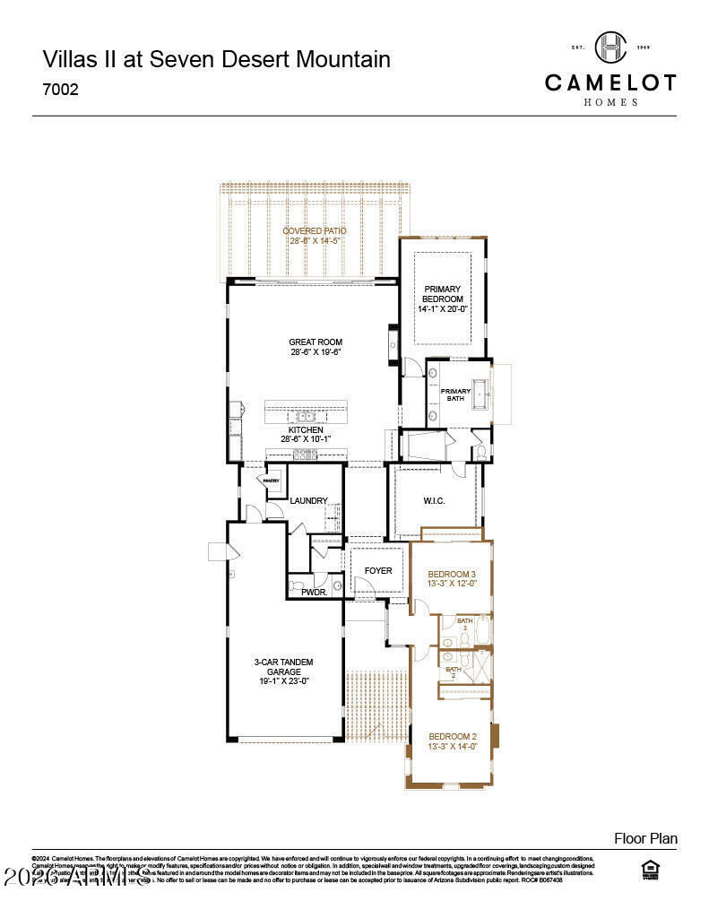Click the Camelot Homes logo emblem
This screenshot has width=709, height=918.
[610, 48]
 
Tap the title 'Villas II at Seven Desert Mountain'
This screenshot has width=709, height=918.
[216, 60]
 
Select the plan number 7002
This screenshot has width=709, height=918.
[61, 90]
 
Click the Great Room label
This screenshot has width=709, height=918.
[315, 342]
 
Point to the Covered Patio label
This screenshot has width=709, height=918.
[314, 230]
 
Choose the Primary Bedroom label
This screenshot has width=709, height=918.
[443, 293]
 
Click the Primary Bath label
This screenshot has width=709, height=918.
[455, 394]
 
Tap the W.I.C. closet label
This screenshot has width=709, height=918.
[434, 500]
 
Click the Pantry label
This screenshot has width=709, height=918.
[272, 481]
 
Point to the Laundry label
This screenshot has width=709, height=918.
[308, 500]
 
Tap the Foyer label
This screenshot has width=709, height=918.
[377, 570]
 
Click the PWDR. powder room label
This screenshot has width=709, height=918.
[314, 593]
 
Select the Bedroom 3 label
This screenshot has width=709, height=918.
[452, 574]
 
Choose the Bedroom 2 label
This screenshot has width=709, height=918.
[452, 736]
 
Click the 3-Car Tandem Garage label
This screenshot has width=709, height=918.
[283, 666]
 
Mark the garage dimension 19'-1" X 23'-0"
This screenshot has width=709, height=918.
[283, 680]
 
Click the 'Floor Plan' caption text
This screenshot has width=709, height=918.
[645, 839]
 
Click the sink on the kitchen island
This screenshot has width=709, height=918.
[306, 416]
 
